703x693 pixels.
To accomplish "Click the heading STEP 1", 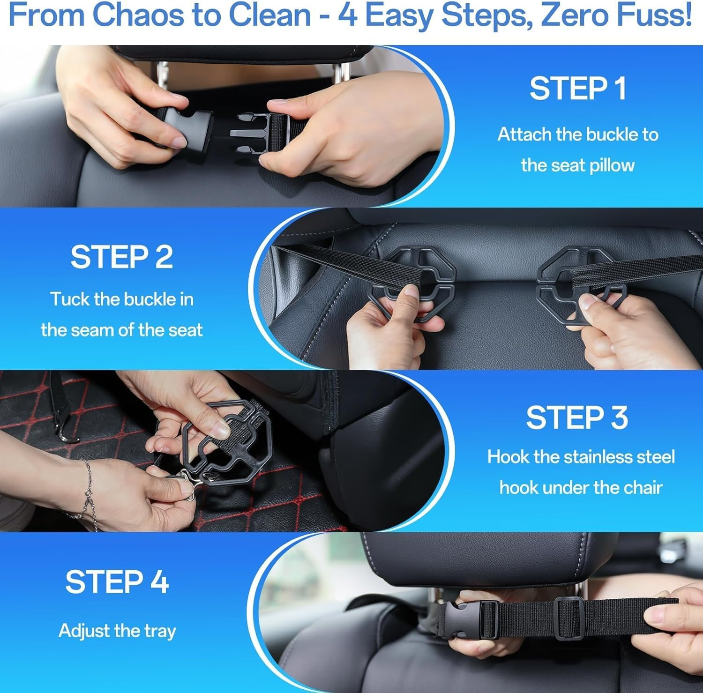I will [577, 89].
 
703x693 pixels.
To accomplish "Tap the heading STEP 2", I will [121, 257].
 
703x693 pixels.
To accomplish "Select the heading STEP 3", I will [577, 417].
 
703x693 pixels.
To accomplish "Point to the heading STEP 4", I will [117, 582].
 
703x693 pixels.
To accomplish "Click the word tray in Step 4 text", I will [160, 631].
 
